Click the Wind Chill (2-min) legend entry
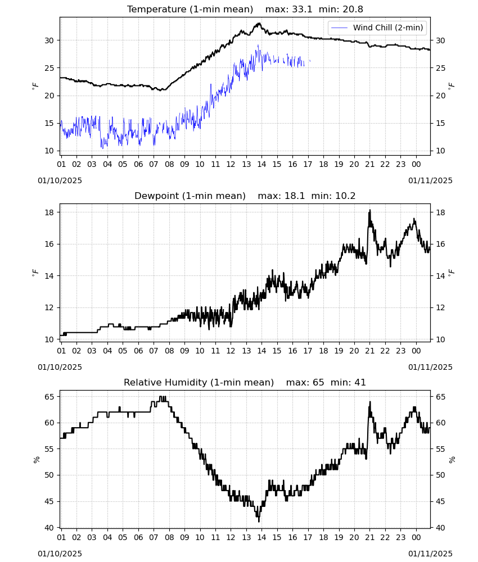click(x=377, y=28)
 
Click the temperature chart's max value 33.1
click(x=302, y=9)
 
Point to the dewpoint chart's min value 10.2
click(x=345, y=196)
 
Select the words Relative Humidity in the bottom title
click(x=166, y=382)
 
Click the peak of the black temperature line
click(x=259, y=23)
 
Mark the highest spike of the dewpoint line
click(x=369, y=210)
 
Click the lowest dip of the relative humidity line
click(x=259, y=521)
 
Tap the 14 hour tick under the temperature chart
click(x=261, y=164)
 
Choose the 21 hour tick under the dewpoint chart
click(x=369, y=351)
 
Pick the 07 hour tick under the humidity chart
click(x=154, y=537)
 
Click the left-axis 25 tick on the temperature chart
click(x=49, y=68)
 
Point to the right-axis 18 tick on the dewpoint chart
click(x=440, y=212)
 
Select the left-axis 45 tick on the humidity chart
click(x=49, y=501)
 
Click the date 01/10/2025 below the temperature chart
click(x=60, y=180)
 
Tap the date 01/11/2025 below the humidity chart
click(x=430, y=554)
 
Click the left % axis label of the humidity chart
click(x=36, y=460)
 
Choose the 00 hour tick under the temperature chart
click(x=416, y=164)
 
